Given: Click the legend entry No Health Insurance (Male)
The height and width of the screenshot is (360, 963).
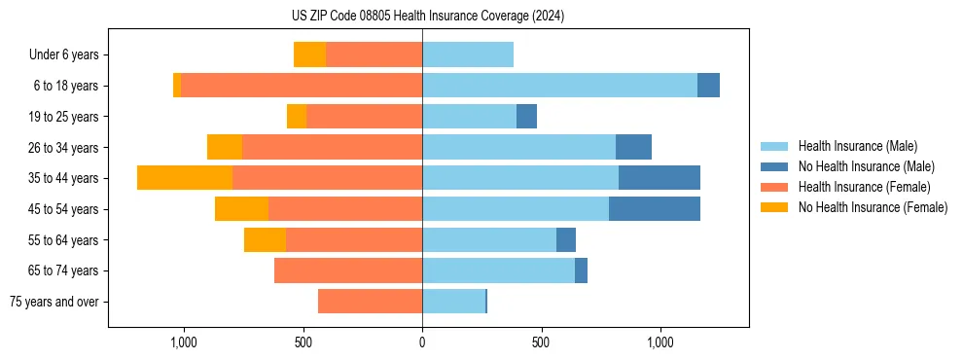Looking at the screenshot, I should [x=866, y=166].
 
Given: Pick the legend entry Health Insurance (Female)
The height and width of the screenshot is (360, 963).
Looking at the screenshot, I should [x=864, y=187].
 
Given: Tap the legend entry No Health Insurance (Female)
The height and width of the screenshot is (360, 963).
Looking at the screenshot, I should [x=873, y=207].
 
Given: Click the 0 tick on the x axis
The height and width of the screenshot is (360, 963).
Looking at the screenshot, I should [x=422, y=342].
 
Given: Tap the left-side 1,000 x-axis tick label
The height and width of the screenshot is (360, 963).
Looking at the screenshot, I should [x=184, y=342].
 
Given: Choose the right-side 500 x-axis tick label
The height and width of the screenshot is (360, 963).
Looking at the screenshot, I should [x=541, y=342].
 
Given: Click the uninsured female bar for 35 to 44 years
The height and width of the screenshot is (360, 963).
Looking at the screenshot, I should [x=185, y=178].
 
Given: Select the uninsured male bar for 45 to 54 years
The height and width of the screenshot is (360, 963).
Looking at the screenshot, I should [x=654, y=209].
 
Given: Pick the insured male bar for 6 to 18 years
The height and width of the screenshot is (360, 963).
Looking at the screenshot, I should [x=559, y=86].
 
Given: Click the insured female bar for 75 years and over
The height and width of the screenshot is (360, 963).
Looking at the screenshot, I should [x=370, y=302].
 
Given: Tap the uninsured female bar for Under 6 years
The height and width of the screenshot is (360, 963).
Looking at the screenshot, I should [x=309, y=55].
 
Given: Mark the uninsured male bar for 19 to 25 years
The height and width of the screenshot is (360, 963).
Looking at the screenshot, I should [x=526, y=117].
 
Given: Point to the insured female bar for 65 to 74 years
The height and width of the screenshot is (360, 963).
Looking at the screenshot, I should [x=348, y=270].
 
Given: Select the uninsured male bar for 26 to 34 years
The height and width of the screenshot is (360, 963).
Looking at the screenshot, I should [x=633, y=147].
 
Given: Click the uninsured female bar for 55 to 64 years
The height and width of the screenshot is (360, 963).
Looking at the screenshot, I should [x=265, y=240].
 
